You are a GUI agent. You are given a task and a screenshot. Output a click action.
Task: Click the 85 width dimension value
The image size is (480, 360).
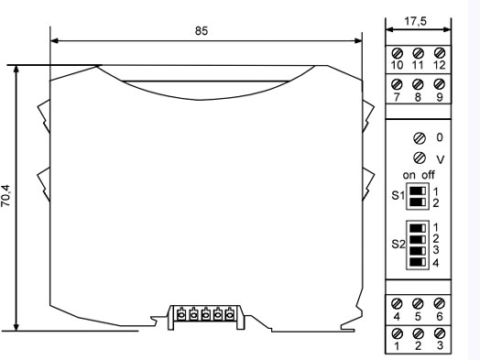click(x=202, y=30)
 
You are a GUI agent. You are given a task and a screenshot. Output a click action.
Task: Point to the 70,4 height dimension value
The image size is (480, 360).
click(x=5, y=196)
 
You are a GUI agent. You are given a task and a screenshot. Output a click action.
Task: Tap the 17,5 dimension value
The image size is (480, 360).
click(x=415, y=21)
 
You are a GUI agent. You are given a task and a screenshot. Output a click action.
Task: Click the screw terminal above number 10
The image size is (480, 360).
click(x=397, y=53)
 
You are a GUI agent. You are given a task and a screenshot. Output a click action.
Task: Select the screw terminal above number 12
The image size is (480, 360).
click(x=440, y=52)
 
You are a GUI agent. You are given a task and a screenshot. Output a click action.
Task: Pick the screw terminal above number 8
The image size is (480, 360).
click(x=418, y=84)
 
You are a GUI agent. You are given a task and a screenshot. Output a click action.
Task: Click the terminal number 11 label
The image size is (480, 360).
click(x=418, y=65)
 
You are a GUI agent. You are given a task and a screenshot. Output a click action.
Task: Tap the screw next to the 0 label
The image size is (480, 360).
click(x=419, y=138)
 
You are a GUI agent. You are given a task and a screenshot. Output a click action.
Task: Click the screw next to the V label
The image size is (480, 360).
click(x=419, y=158)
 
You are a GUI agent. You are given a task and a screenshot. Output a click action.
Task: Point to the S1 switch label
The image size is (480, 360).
click(x=398, y=195)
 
